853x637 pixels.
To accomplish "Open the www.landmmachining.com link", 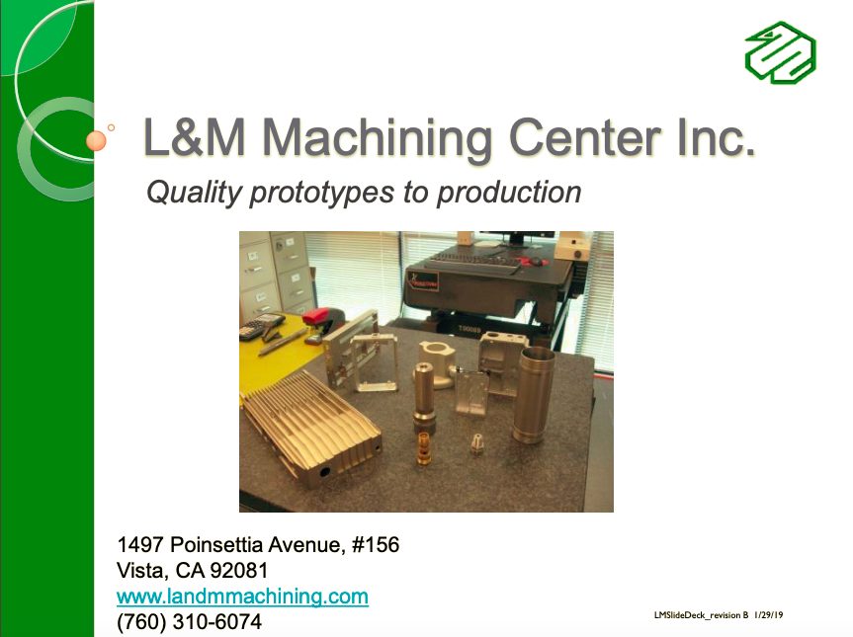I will (x=242, y=597).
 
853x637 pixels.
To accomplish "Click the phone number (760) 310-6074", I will (x=189, y=622).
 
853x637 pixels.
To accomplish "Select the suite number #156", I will (x=376, y=544).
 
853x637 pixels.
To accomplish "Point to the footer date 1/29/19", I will (x=768, y=615).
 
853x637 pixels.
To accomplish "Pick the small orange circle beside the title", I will (x=96, y=140).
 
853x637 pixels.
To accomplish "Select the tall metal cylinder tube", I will (x=535, y=395).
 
